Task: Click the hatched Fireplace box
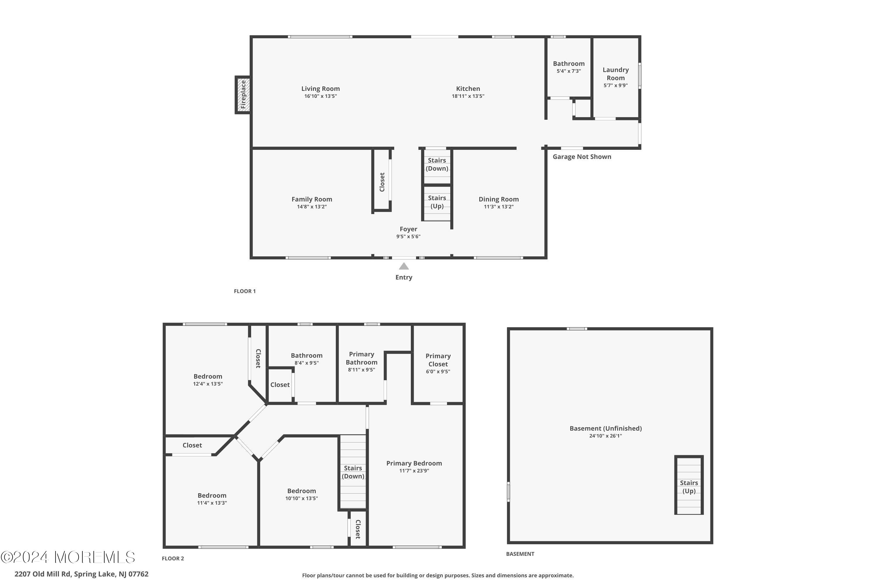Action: pos(243,95)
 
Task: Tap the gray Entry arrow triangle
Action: pos(404,266)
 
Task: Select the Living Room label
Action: pos(320,89)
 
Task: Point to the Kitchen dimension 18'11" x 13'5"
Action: pos(468,96)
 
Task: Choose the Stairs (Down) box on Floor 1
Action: pos(437,166)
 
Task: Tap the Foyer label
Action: pos(408,229)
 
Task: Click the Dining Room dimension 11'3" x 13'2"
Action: pos(498,207)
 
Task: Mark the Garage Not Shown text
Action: pos(582,157)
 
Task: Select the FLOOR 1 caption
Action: pos(245,291)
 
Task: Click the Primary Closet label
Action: pos(438,360)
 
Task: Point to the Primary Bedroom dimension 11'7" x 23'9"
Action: pos(414,471)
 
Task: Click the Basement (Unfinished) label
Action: pos(606,428)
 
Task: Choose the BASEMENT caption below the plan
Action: pos(520,554)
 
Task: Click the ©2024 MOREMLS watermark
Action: pos(68,557)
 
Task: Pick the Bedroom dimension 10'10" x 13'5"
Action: pos(301,498)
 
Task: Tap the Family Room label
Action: pos(312,199)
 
